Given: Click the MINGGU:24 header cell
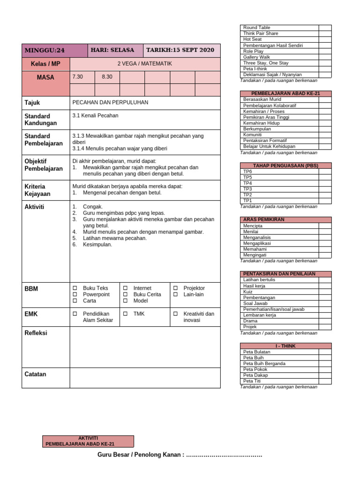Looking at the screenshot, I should tap(45, 50).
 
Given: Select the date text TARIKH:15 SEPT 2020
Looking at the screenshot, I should tap(180, 50).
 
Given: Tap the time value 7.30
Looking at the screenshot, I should tap(77, 77).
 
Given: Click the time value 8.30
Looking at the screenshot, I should tap(107, 77).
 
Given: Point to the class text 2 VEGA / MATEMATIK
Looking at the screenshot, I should tap(144, 64).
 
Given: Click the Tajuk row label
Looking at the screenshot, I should tap(32, 102).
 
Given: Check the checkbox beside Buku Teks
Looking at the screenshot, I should tap(75, 288).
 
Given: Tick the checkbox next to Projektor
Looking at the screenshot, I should tap(175, 288).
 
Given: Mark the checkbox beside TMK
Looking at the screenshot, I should tap(125, 314).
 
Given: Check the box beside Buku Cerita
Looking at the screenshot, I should tap(125, 294).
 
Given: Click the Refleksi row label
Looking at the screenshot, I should tap(36, 333).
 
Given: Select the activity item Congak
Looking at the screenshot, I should tap(92, 206).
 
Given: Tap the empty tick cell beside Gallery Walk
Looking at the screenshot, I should tap(325, 57).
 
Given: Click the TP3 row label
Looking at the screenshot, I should tap(247, 189).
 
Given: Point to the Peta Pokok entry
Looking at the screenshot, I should tap(256, 369).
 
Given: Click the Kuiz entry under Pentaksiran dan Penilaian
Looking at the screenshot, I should tap(248, 292).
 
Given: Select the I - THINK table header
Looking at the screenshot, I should tap(285, 346).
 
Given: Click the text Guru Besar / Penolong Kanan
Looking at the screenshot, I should tap(141, 455).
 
